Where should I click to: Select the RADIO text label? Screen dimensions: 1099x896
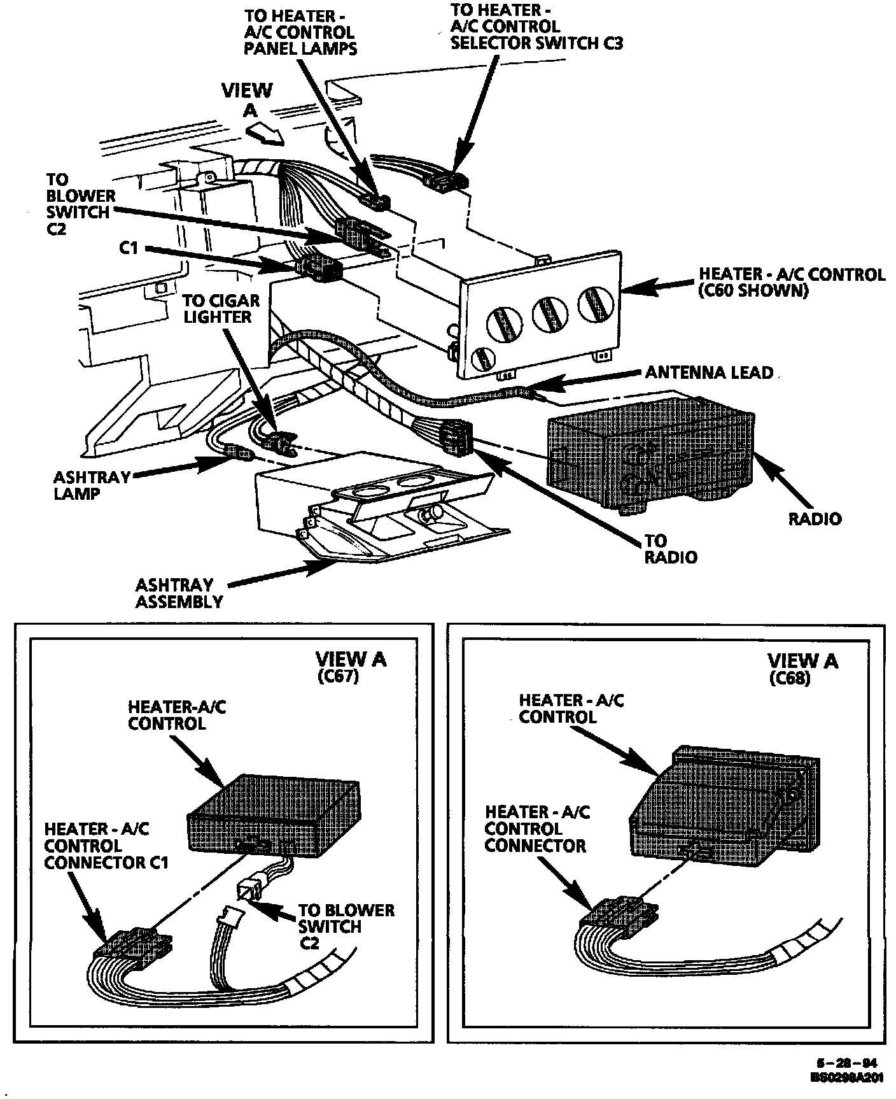point(815,518)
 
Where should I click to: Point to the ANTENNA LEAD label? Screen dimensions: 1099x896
point(709,372)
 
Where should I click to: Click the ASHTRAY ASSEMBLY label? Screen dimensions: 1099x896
point(179,593)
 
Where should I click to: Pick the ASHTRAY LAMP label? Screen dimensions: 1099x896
point(92,485)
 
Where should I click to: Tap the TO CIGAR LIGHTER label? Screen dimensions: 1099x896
point(221,309)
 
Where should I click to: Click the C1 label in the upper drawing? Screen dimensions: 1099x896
point(129,248)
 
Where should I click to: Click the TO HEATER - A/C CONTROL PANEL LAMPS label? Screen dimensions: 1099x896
point(300,31)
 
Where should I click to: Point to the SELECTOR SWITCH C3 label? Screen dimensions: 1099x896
point(536,43)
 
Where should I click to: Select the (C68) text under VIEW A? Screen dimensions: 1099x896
point(790,679)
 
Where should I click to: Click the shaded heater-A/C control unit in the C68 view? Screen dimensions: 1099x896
point(725,802)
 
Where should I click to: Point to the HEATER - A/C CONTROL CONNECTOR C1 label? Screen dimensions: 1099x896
point(106,846)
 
